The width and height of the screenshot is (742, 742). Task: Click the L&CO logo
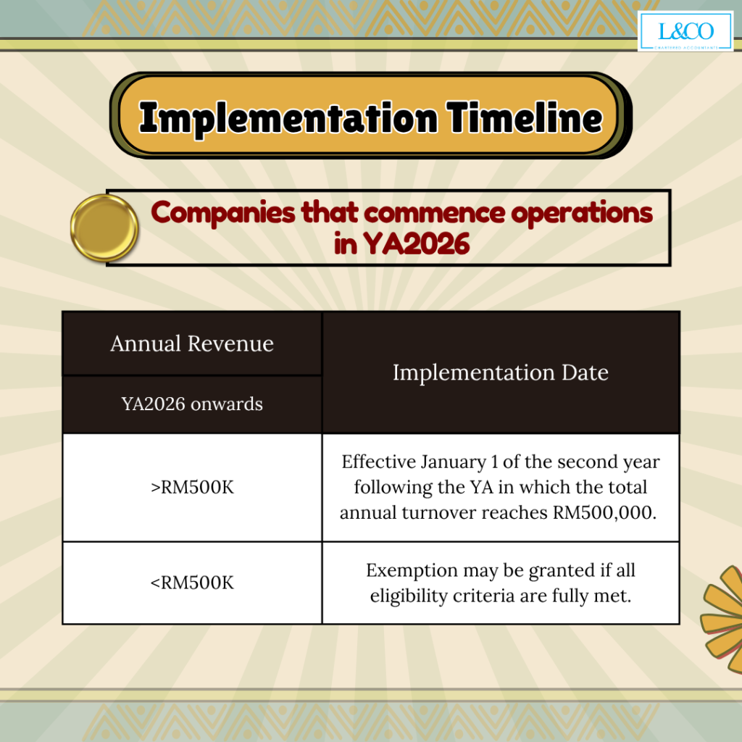click(x=685, y=31)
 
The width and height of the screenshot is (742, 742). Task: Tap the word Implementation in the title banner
click(x=288, y=118)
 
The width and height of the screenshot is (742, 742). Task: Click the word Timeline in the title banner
click(x=525, y=117)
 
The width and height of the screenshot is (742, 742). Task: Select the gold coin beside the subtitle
click(x=104, y=228)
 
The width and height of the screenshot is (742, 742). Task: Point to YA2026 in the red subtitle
click(x=416, y=244)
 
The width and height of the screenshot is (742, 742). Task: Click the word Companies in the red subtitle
click(x=223, y=214)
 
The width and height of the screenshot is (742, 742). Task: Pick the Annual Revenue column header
click(x=192, y=343)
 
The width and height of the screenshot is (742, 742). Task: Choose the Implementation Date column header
click(x=501, y=372)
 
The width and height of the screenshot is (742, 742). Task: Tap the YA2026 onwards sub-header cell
click(x=192, y=404)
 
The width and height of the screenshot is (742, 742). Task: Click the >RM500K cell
click(x=192, y=488)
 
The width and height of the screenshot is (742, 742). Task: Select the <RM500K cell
click(x=192, y=583)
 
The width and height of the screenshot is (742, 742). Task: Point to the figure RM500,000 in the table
click(x=604, y=512)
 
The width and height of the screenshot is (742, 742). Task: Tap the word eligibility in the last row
click(x=409, y=596)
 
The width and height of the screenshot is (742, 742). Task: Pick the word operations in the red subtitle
click(x=582, y=214)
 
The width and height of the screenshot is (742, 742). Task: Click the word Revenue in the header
click(x=230, y=343)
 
